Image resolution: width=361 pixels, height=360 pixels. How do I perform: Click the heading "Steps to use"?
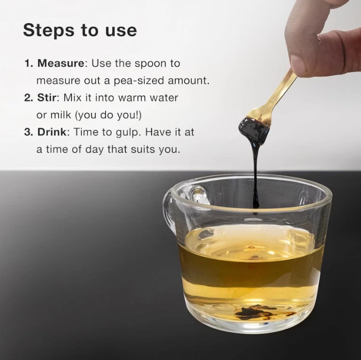[x=80, y=31]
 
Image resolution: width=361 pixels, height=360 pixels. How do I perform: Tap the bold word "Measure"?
[x=61, y=63]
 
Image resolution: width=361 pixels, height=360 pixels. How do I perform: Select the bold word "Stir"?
[x=47, y=98]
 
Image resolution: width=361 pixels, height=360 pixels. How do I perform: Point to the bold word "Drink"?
[x=52, y=132]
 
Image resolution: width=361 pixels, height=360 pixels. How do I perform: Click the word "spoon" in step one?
[x=150, y=64]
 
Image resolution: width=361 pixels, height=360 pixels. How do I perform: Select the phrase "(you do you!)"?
[x=108, y=116]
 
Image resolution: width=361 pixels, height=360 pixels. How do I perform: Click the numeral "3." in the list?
[x=29, y=132]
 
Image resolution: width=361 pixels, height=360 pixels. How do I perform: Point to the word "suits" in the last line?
[x=143, y=150]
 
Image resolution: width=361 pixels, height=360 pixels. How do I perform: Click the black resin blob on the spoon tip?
[x=253, y=130]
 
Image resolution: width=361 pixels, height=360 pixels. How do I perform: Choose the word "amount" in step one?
[x=187, y=81]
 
